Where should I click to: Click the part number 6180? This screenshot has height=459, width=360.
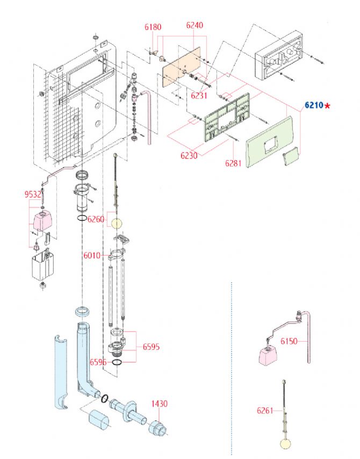click(x=153, y=26)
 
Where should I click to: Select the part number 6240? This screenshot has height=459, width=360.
click(x=195, y=25)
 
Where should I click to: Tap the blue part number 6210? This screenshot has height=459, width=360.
click(x=313, y=105)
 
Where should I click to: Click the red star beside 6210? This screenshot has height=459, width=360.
click(x=327, y=105)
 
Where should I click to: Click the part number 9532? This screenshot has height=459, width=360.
click(x=33, y=194)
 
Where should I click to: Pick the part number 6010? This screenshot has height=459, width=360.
click(x=92, y=255)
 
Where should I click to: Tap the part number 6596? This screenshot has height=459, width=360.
click(x=98, y=362)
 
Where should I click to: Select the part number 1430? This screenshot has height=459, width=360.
click(x=159, y=403)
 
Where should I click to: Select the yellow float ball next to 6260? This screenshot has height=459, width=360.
click(x=117, y=221)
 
